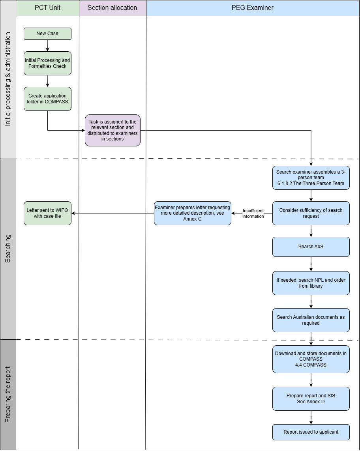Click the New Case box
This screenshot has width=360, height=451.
coord(47,34)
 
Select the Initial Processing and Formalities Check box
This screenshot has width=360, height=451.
coord(47,63)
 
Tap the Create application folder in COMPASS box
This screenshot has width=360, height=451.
coord(47,99)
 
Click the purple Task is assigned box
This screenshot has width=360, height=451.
coord(112,130)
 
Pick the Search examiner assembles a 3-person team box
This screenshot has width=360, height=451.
coord(311,178)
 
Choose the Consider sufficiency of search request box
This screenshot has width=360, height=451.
coord(311,213)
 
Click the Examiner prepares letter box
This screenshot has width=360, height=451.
coord(193,213)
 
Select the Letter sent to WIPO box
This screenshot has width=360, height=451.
coord(47,213)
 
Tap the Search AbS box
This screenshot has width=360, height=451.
coord(311,247)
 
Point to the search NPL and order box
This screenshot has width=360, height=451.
coord(311,283)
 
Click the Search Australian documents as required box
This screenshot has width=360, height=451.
coord(311,320)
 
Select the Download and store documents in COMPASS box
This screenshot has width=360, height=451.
coord(311,359)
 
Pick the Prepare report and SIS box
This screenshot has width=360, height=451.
coord(311,399)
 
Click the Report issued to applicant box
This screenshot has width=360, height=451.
coord(311,432)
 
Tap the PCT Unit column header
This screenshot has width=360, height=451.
coord(47,8)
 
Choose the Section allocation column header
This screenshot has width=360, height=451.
coord(112,8)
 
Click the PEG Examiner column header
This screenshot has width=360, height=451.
coord(253,8)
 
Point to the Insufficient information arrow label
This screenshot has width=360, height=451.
coord(253,213)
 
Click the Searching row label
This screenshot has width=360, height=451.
coord(8,249)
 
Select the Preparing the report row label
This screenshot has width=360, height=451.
coord(8,394)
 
